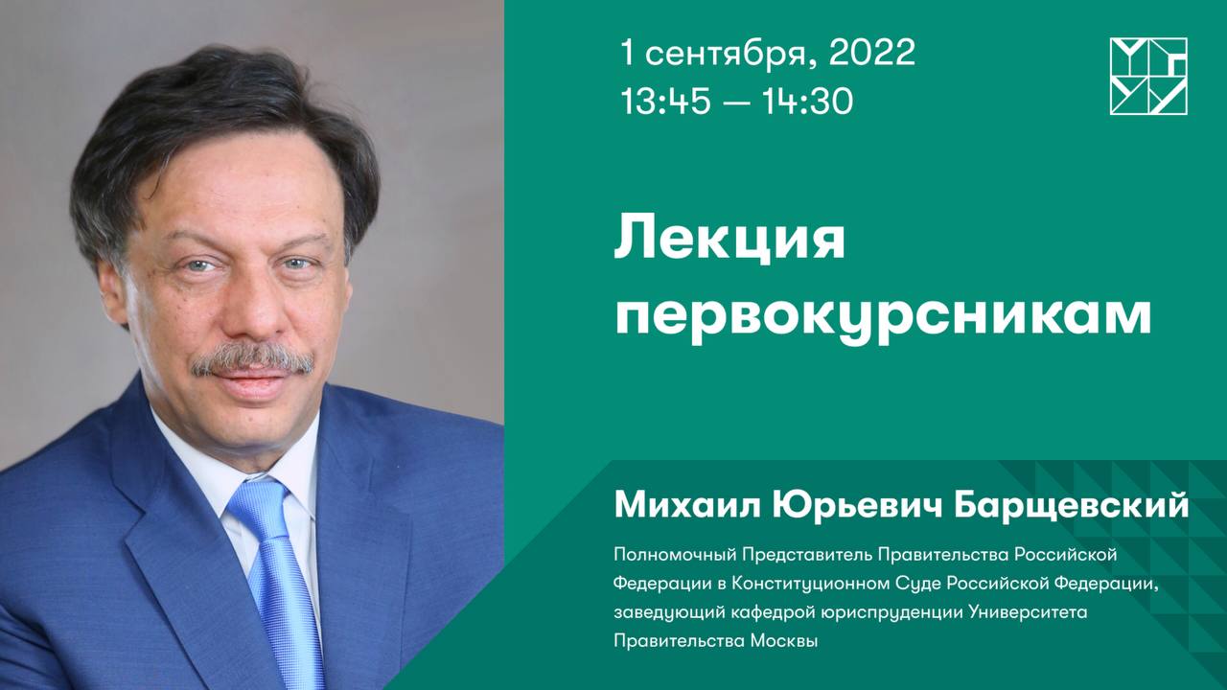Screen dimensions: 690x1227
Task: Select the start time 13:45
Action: pyautogui.click(x=665, y=101)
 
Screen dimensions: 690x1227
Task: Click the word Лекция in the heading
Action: pyautogui.click(x=729, y=241)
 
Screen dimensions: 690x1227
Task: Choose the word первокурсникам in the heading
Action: pyautogui.click(x=882, y=315)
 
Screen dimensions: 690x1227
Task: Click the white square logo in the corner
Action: pyautogui.click(x=1148, y=77)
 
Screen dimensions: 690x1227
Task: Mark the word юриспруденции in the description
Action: pyautogui.click(x=893, y=612)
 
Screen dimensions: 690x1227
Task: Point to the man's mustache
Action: pyautogui.click(x=251, y=361)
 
